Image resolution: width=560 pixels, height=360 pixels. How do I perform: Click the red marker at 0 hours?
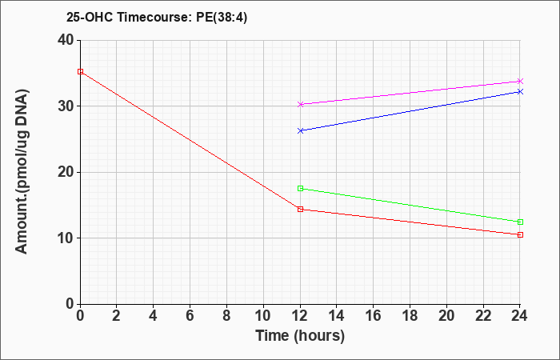click(x=80, y=71)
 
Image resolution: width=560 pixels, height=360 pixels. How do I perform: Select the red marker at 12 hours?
click(x=300, y=209)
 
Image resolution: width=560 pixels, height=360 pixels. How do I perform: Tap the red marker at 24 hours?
click(x=520, y=234)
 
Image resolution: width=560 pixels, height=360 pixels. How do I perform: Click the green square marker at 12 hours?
click(x=300, y=188)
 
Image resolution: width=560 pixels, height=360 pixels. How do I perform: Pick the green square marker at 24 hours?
click(x=520, y=222)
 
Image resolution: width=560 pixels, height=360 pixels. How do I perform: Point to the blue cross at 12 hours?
click(x=300, y=130)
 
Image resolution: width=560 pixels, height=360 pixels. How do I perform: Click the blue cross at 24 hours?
click(x=520, y=92)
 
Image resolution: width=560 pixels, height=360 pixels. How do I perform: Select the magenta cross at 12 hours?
click(x=300, y=104)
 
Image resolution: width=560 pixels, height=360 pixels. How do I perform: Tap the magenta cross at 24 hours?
click(x=520, y=82)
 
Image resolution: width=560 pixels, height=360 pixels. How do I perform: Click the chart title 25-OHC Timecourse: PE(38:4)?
click(x=157, y=18)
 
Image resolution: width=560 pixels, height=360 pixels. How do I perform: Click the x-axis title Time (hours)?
click(x=300, y=336)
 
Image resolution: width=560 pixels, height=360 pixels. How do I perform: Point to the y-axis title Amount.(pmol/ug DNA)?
click(x=22, y=171)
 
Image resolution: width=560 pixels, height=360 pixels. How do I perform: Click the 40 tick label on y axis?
click(x=66, y=40)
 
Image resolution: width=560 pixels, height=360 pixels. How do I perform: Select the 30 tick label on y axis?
click(x=66, y=106)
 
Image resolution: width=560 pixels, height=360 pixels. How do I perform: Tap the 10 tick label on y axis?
click(x=66, y=238)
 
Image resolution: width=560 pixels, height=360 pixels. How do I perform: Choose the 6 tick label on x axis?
click(x=190, y=316)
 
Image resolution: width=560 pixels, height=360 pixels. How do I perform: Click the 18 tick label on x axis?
click(x=410, y=316)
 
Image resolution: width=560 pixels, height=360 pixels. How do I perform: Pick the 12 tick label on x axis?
click(x=300, y=316)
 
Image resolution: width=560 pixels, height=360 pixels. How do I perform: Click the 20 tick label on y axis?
click(x=66, y=172)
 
